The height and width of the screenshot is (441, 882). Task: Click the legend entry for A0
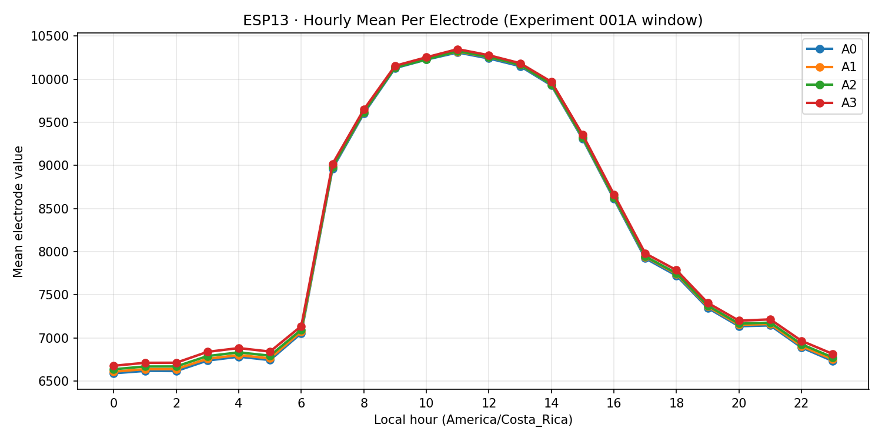coord(831,49)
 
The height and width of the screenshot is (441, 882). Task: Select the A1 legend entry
coord(831,67)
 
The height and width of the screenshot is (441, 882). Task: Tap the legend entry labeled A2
coord(831,85)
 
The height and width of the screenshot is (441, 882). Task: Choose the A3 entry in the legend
coord(831,103)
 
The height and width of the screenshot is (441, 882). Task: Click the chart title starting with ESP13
coord(473,21)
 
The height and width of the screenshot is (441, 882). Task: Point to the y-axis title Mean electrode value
coord(19,211)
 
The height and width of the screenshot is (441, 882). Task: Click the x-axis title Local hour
coord(473,420)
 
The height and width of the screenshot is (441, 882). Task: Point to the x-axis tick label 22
coord(801,403)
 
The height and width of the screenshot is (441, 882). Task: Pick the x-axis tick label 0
coord(113,403)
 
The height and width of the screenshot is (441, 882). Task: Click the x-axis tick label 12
coord(488,403)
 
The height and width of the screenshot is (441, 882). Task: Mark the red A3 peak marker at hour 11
coord(457,50)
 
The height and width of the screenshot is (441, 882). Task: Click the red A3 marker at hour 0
coord(113,366)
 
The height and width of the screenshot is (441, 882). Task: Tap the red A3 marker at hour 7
coord(333,165)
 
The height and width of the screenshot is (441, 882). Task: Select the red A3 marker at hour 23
coord(833,355)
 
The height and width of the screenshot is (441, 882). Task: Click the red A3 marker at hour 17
coord(645,254)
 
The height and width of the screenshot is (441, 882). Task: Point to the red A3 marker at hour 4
coord(239,348)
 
